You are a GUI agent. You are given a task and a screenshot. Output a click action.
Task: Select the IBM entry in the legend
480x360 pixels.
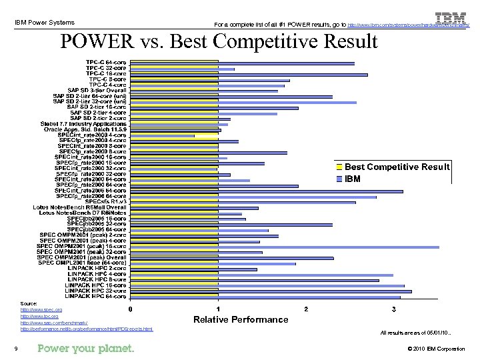point(353,179)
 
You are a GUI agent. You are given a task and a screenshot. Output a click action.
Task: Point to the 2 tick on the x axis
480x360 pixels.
point(306,309)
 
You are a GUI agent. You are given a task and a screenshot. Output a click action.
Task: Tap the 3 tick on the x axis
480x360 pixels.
point(393,309)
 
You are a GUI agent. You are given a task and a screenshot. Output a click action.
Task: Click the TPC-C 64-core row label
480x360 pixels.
point(106,63)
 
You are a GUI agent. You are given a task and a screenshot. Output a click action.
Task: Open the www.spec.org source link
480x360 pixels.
point(41,310)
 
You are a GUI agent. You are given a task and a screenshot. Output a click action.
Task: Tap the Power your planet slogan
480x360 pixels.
point(86,349)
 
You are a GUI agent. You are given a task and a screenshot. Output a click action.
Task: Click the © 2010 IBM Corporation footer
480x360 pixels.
point(435,349)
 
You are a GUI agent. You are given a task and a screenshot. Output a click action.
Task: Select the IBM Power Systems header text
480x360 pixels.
point(45,23)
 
